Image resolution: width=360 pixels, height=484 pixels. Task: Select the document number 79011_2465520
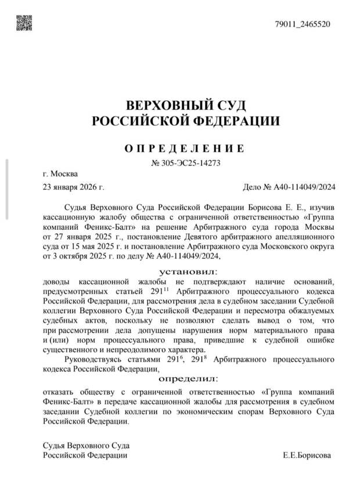point(302,24)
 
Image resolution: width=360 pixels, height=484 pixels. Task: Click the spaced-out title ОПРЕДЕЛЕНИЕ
point(185,148)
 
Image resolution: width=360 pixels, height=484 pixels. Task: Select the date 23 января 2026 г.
point(73,187)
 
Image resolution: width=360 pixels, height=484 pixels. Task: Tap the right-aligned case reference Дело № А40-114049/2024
point(288,187)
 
